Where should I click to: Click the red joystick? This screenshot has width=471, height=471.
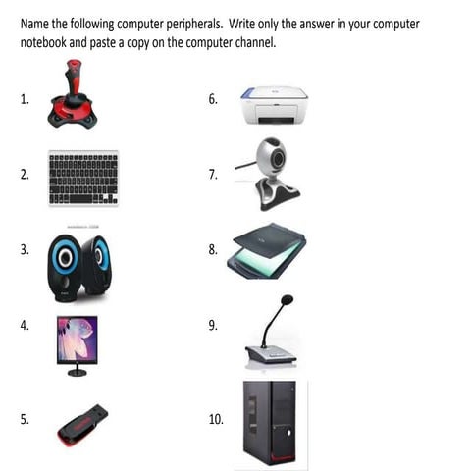[x=73, y=95]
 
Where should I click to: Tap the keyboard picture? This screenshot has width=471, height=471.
[x=83, y=178]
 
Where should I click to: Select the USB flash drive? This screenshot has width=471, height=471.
[x=82, y=425]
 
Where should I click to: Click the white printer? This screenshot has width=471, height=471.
[x=274, y=105]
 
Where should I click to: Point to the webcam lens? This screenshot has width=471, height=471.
[x=279, y=159]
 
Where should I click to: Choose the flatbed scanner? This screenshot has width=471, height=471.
[x=267, y=251]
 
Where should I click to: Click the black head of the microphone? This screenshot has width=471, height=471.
[x=287, y=299]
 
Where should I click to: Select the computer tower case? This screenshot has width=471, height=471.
[x=270, y=423]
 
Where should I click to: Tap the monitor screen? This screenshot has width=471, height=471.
[x=78, y=339]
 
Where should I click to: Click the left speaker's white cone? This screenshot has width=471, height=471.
[x=65, y=258]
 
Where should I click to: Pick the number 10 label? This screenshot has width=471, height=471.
[x=216, y=419]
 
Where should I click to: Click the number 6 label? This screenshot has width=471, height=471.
[x=213, y=99]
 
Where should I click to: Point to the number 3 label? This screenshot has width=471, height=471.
[x=25, y=249]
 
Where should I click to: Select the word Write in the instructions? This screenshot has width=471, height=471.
[x=241, y=24]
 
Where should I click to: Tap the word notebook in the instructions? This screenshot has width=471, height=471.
[x=43, y=42]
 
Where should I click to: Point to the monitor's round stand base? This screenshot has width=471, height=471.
[x=78, y=372]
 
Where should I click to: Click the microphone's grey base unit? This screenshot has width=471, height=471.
[x=271, y=354]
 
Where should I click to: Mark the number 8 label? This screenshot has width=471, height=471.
[x=213, y=249]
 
